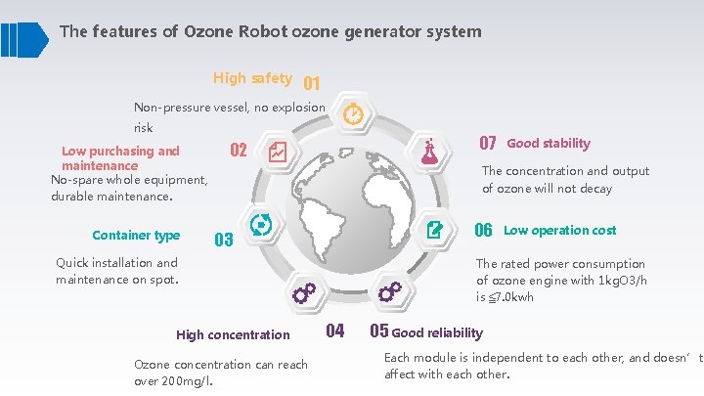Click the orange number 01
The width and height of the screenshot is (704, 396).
click(x=312, y=83)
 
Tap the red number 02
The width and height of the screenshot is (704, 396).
click(x=238, y=151)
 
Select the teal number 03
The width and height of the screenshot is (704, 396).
click(x=223, y=240)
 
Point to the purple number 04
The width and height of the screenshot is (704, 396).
click(x=334, y=330)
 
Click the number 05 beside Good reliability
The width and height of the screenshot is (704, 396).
click(x=379, y=330)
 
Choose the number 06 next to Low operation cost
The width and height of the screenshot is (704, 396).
click(x=483, y=231)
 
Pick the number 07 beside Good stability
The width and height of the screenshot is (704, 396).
click(x=488, y=144)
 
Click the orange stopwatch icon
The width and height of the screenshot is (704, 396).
click(x=353, y=114)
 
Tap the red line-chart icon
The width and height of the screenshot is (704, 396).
click(x=276, y=152)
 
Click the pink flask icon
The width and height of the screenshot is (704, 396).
click(x=429, y=151)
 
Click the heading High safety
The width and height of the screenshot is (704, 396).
click(x=252, y=78)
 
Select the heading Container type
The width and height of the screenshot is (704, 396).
click(x=136, y=236)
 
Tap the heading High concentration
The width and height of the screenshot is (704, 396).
click(x=233, y=334)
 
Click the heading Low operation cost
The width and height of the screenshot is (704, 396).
click(x=559, y=231)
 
